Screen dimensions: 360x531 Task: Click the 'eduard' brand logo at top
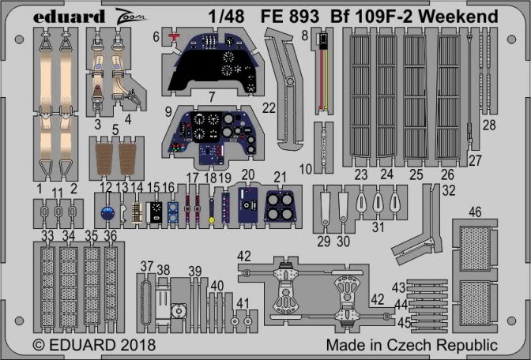(x=70, y=15)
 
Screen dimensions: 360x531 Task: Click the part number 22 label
(x=269, y=107)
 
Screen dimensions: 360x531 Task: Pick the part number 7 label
(x=212, y=98)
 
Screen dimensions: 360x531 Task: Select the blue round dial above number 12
(x=109, y=212)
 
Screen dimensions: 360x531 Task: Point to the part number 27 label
(x=475, y=160)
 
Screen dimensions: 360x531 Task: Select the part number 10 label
(x=306, y=168)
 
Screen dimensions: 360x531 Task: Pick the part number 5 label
(x=115, y=129)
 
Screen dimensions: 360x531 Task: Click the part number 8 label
(x=304, y=36)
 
